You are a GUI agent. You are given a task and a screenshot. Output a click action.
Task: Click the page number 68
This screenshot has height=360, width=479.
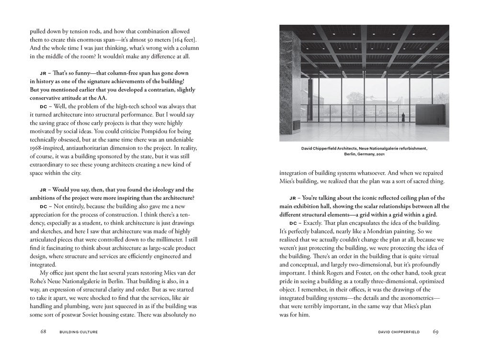click(x=43, y=331)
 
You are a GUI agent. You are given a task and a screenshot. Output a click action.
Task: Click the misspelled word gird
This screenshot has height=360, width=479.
click(x=430, y=214)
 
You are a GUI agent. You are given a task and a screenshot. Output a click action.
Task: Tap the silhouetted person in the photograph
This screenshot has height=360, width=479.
click(x=403, y=116)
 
